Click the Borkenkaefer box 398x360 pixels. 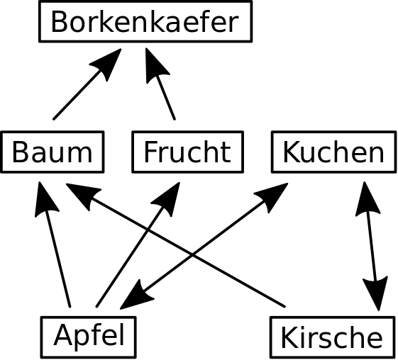[x=145, y=21]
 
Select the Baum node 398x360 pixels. [x=52, y=152]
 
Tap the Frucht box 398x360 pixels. [x=188, y=152]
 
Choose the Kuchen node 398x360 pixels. [x=333, y=152]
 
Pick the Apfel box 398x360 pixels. [x=89, y=337]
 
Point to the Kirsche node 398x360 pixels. [x=333, y=337]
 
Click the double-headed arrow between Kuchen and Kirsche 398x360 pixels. [x=372, y=246]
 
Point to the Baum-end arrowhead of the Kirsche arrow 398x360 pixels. [x=82, y=194]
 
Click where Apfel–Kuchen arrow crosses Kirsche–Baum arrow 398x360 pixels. [x=192, y=255]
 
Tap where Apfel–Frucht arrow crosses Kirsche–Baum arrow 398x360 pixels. [x=148, y=230]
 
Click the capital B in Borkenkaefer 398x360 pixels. [x=59, y=21]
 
